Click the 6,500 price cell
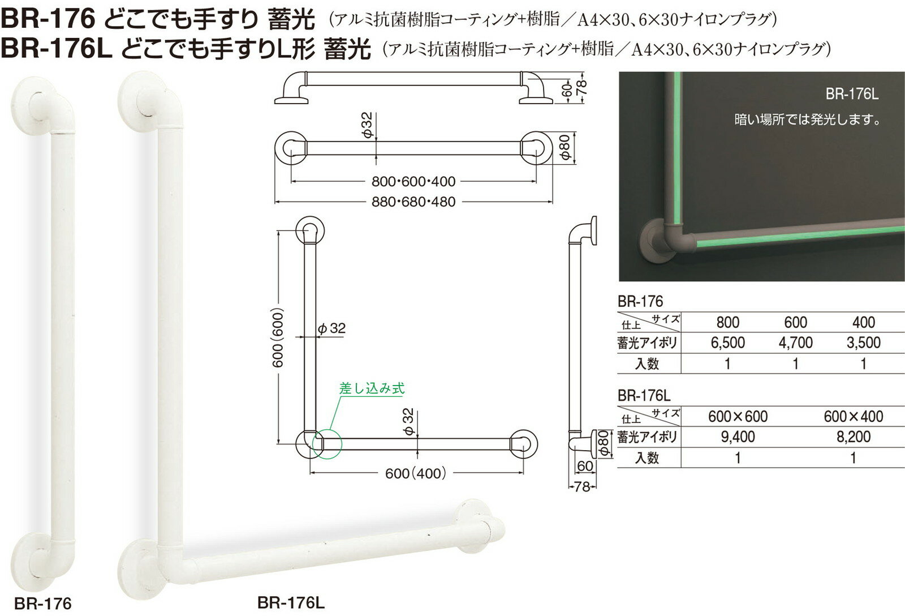[x=727, y=343]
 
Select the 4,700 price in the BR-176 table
[x=795, y=343]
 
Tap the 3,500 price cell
[x=863, y=343]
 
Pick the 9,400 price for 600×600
[x=738, y=437]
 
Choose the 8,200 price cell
[x=854, y=437]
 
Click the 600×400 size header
[x=854, y=417]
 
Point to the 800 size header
[x=727, y=322]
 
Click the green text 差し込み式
[x=372, y=388]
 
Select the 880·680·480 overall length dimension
[x=413, y=202]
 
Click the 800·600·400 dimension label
[x=413, y=182]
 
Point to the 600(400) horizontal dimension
[x=416, y=473]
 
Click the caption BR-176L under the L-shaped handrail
[x=291, y=602]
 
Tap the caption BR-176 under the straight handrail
[x=43, y=604]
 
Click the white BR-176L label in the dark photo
[x=852, y=94]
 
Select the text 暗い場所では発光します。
[x=808, y=120]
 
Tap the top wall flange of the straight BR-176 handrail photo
[x=35, y=104]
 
